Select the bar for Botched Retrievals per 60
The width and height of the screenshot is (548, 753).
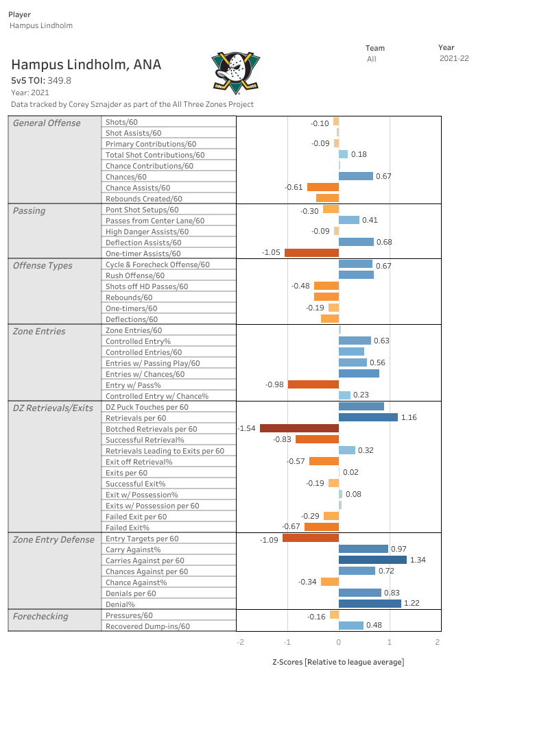click(299, 428)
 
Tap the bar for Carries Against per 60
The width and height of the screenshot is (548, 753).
click(372, 560)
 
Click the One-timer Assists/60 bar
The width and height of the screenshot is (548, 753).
click(311, 253)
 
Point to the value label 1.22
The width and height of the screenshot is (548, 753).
click(412, 604)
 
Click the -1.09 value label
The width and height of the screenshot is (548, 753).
click(268, 541)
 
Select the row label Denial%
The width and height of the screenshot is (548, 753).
click(120, 604)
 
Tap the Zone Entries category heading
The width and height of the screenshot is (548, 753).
click(39, 332)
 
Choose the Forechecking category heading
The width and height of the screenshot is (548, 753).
click(40, 617)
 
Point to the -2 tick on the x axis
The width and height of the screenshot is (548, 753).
click(240, 642)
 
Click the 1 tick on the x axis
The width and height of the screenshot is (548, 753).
click(390, 642)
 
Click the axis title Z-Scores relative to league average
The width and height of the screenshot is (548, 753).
click(338, 662)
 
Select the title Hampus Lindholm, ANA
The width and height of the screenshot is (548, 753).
click(86, 65)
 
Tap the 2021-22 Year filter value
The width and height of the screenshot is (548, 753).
click(453, 59)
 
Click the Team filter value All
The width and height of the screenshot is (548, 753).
click(371, 60)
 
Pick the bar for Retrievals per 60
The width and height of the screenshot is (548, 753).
click(368, 417)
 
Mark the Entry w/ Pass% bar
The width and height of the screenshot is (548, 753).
click(313, 384)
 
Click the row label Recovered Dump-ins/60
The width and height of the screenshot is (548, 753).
click(147, 626)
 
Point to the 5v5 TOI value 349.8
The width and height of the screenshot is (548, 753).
click(59, 81)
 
